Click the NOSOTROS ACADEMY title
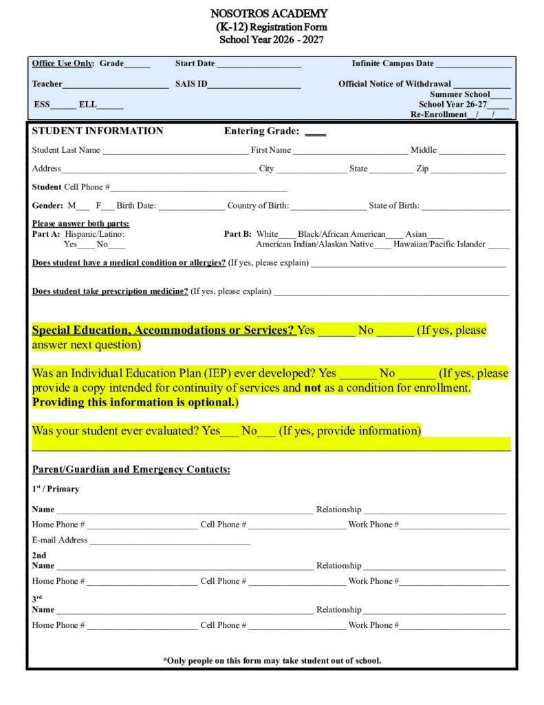coord(269,13)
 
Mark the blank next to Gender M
coord(83,207)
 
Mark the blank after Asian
coord(435,235)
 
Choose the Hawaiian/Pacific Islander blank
coord(499,245)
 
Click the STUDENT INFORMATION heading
coord(98,131)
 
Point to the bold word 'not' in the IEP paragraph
coord(312,388)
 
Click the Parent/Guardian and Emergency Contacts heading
coord(131,470)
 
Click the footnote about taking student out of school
coord(272,660)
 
